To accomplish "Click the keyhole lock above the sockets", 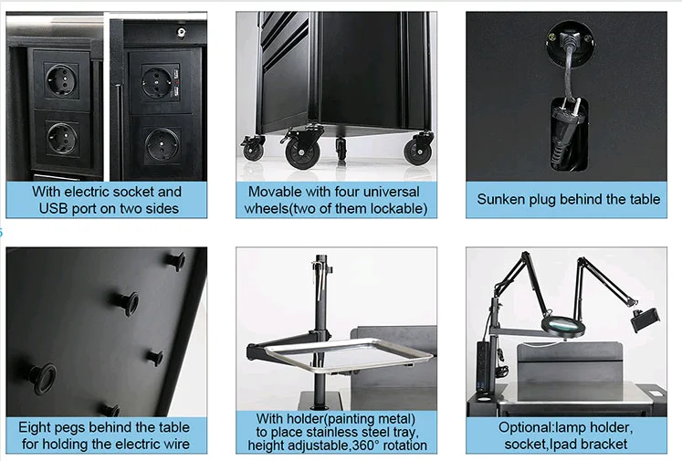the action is [181, 32].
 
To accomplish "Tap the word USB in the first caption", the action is [54, 209].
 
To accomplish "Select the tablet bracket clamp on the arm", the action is [645, 319].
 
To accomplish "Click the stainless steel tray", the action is [349, 354].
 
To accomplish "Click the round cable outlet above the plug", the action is [570, 44].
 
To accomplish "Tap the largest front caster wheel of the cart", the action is [302, 153].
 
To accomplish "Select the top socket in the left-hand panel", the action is [62, 80].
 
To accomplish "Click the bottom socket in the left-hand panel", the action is [62, 139].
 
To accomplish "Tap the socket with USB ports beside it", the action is [155, 82].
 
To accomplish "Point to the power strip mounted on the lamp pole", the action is [483, 368].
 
